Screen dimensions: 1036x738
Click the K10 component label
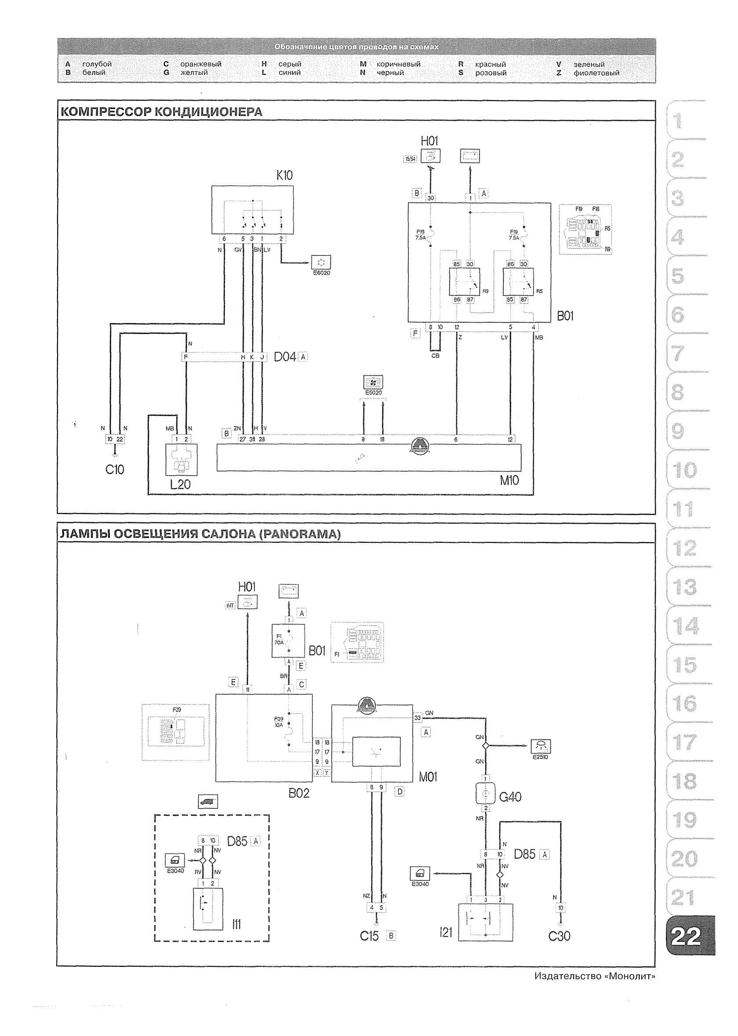[x=284, y=175]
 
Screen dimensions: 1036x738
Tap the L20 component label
[x=180, y=484]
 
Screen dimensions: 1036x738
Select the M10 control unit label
[x=509, y=480]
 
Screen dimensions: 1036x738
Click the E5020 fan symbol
[x=373, y=382]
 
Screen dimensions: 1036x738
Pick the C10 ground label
[x=115, y=469]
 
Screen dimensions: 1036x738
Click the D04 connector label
[x=285, y=357]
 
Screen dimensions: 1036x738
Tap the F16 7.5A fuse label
[x=420, y=234]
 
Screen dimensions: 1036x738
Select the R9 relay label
[x=485, y=291]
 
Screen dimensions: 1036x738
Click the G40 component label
[x=510, y=797]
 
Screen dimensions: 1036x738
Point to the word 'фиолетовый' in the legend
[x=596, y=73]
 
